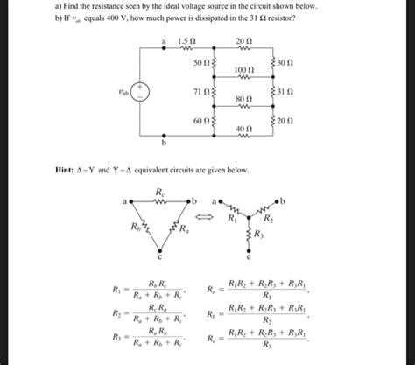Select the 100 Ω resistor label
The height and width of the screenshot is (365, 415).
coord(244,67)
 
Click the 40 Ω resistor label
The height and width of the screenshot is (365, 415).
coord(244,128)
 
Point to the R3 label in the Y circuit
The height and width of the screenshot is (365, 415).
coord(257,235)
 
